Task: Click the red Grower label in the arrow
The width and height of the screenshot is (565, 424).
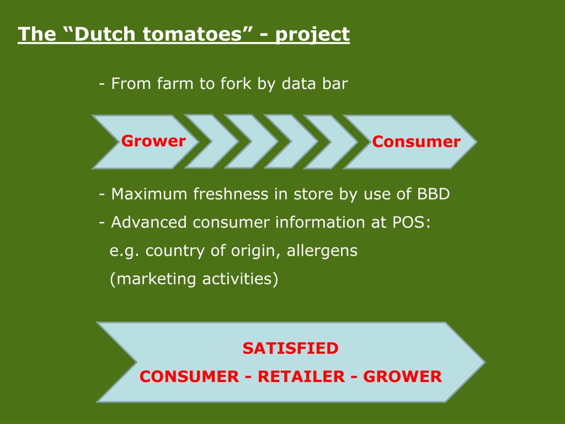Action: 153,141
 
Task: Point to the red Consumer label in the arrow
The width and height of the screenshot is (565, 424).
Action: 416,142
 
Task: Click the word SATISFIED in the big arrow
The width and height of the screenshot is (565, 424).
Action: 290,348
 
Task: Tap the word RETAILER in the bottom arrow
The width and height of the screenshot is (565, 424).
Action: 300,377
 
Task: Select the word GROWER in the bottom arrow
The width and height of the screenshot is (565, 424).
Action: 403,377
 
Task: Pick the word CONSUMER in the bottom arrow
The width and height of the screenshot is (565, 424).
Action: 188,377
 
